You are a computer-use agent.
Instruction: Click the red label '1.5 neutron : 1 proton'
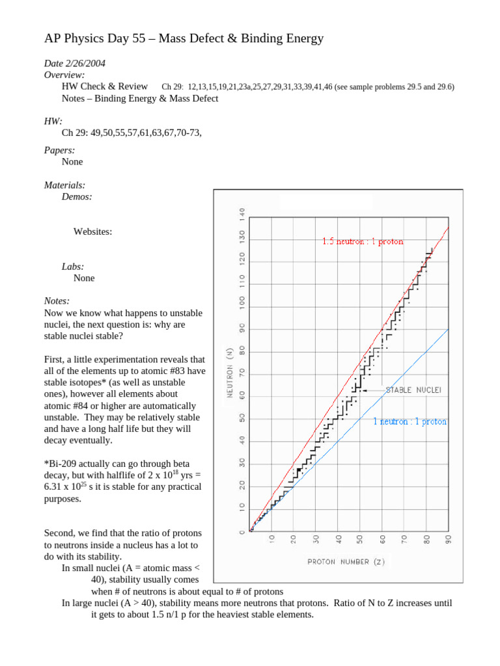pos(363,241)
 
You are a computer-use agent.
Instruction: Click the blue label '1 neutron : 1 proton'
pos(410,421)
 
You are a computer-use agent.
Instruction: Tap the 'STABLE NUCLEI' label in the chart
pos(413,390)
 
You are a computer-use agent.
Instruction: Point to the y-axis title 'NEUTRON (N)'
pos(230,381)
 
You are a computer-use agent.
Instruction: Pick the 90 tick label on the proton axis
pos(449,539)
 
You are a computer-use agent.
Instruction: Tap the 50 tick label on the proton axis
pos(360,539)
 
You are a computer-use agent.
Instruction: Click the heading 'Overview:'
pos(64,75)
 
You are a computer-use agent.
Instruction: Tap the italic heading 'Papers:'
pos(59,150)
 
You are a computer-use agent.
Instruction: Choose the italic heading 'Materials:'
pos(64,185)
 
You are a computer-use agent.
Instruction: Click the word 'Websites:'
pos(92,232)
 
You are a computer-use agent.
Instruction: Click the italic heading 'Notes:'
pos(57,301)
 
